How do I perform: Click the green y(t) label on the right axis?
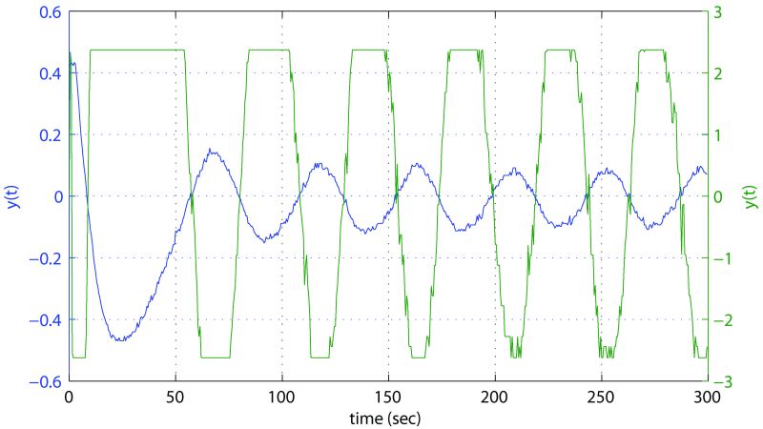pos(751,196)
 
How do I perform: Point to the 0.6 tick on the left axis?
pos(51,12)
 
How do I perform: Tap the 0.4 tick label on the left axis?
pos(51,73)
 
